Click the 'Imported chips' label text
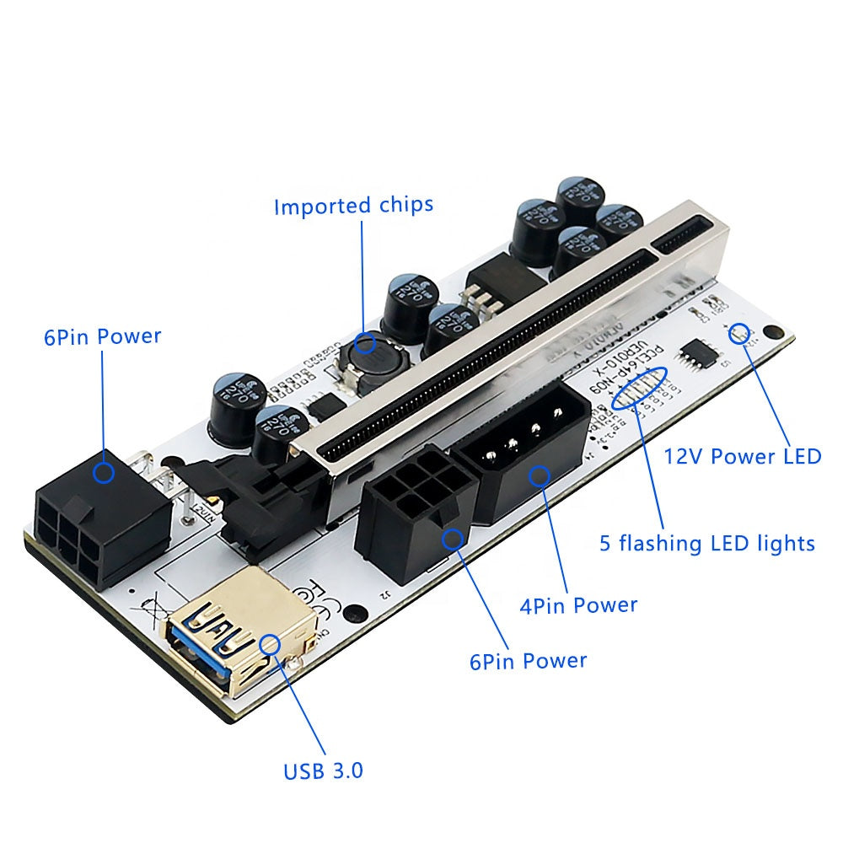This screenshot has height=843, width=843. point(353,206)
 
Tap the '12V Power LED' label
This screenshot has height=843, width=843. point(743,456)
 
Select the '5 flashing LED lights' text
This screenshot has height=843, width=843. point(706,542)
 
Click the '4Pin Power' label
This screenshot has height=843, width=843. point(579,604)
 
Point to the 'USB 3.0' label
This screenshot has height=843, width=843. point(323,770)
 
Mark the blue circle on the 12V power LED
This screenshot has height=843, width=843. point(742,332)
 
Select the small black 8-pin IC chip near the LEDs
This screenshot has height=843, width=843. point(701,355)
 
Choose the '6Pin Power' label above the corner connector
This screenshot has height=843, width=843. point(102,336)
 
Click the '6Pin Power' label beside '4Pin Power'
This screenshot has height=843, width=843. point(528,660)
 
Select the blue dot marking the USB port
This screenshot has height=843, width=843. point(271,644)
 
